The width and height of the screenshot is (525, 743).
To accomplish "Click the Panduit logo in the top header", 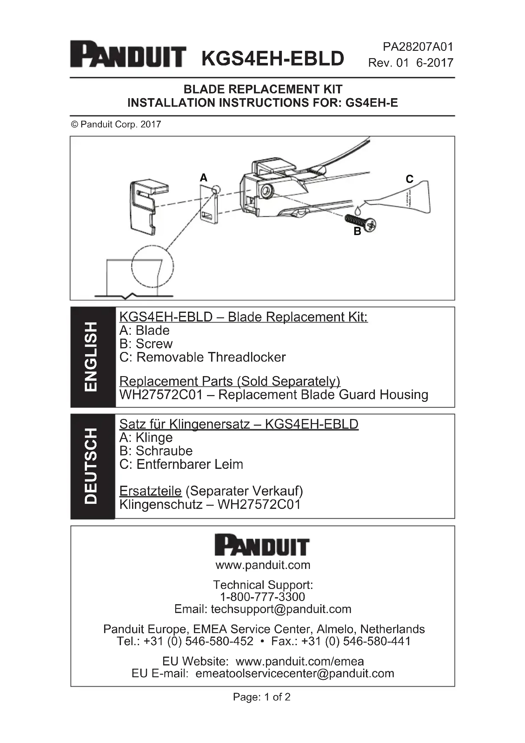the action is click(x=128, y=54).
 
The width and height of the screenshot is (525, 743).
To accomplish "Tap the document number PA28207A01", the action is click(x=418, y=47).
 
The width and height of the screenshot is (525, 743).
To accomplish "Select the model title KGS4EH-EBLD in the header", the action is click(x=273, y=58).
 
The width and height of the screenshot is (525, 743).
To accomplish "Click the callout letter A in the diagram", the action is click(x=203, y=178).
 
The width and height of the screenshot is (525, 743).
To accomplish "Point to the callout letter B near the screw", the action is click(x=357, y=231).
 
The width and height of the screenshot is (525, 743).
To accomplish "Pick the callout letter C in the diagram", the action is click(x=409, y=179).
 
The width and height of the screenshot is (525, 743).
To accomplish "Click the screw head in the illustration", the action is click(x=370, y=225).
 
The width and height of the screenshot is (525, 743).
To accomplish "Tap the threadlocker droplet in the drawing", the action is click(x=357, y=210).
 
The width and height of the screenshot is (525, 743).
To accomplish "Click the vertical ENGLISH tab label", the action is click(x=91, y=357).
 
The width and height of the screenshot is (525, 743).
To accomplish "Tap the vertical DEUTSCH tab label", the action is click(x=91, y=466).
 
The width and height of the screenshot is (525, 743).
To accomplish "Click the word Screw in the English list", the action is click(x=154, y=344).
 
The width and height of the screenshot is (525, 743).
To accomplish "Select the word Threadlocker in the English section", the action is click(x=247, y=357).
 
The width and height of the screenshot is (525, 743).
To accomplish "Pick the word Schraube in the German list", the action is click(x=164, y=451).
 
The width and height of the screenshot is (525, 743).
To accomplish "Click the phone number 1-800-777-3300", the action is click(x=262, y=597).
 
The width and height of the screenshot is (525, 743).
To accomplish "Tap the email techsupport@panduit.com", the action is click(x=281, y=609).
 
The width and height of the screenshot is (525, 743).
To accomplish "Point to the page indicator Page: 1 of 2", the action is click(x=262, y=697).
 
